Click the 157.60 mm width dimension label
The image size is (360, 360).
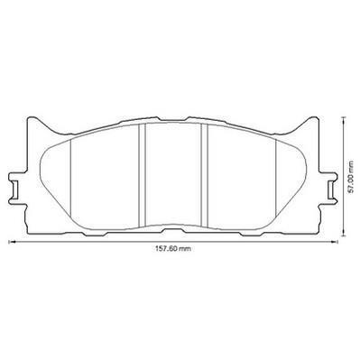173,248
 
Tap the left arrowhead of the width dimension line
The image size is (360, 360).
11,241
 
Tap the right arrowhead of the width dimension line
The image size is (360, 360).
335,241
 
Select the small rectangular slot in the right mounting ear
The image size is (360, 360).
330,189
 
